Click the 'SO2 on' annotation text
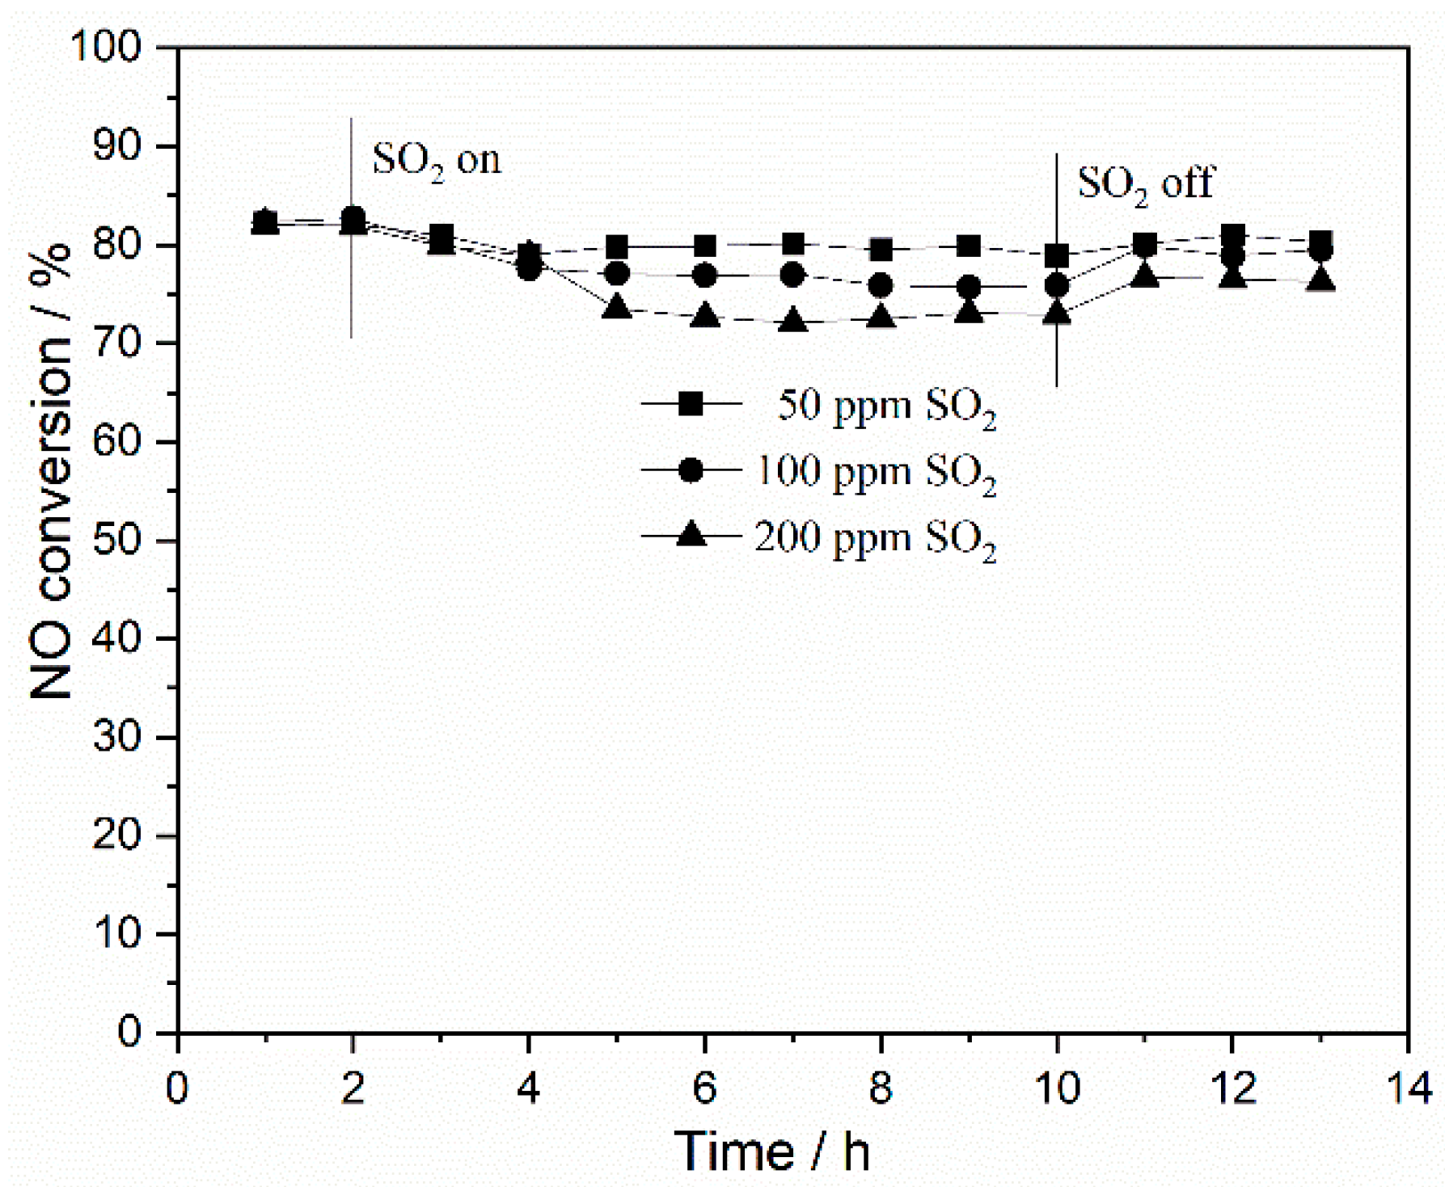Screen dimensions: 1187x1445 pos(436,161)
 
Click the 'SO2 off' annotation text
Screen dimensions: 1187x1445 pos(1145,184)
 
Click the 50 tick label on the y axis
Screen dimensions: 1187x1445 pos(117,540)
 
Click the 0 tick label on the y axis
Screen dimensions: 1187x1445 pos(129,1032)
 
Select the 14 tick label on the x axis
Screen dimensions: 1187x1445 pos(1408,1088)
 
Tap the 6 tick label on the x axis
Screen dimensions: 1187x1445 pos(704,1088)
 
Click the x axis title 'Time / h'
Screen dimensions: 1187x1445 pos(772,1151)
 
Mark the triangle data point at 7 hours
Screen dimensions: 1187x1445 pos(793,322)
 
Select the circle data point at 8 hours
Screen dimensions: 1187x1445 pos(881,285)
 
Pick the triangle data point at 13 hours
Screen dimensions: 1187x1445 pos(1321,280)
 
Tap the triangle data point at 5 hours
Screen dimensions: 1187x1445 pos(617,307)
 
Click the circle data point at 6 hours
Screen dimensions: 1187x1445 pos(705,276)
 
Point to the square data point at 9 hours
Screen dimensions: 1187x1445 pos(969,246)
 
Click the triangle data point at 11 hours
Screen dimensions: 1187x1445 pos(1145,276)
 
